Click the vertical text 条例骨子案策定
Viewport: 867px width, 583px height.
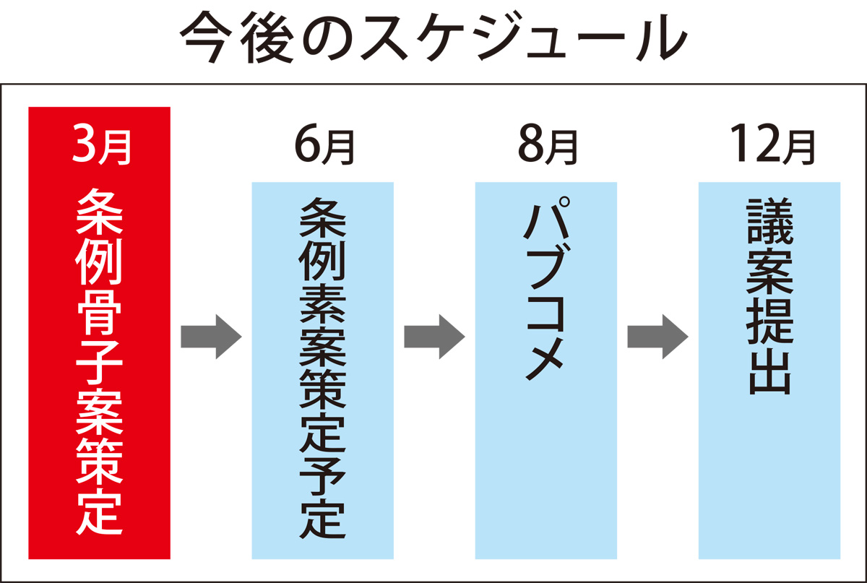(x=100, y=361)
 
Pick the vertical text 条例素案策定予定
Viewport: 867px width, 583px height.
(x=323, y=368)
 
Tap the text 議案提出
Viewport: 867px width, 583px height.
(x=769, y=296)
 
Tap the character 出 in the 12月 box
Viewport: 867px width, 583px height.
(x=769, y=371)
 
